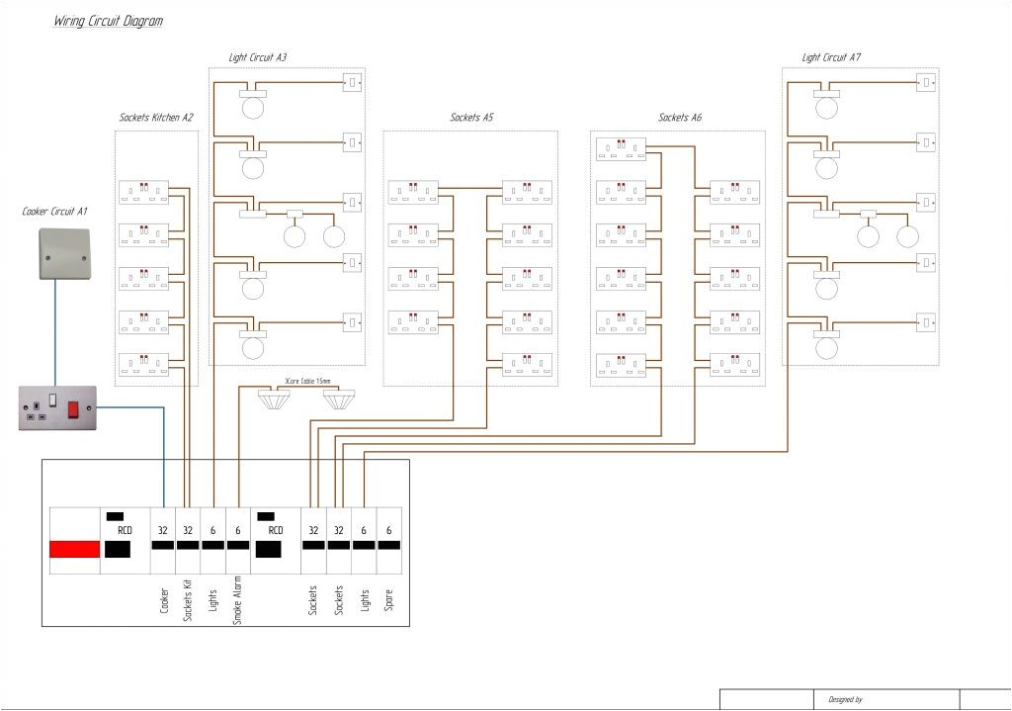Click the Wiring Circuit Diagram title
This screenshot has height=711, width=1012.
108,21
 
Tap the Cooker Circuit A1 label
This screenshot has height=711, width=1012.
55,212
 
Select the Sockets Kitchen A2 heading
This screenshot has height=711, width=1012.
156,118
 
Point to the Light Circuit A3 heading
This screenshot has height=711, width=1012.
258,58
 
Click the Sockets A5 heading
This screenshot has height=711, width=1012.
471,118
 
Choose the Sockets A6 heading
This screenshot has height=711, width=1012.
680,118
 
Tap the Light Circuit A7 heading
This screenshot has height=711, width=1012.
831,58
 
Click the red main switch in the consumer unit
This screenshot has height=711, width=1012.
75,549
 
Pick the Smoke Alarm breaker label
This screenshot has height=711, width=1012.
237,598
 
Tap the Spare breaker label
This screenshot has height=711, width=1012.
389,599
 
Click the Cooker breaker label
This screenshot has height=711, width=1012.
164,599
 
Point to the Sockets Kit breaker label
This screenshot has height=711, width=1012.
188,598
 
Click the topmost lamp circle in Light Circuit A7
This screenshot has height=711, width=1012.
826,107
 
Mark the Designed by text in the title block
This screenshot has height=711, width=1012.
845,700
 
